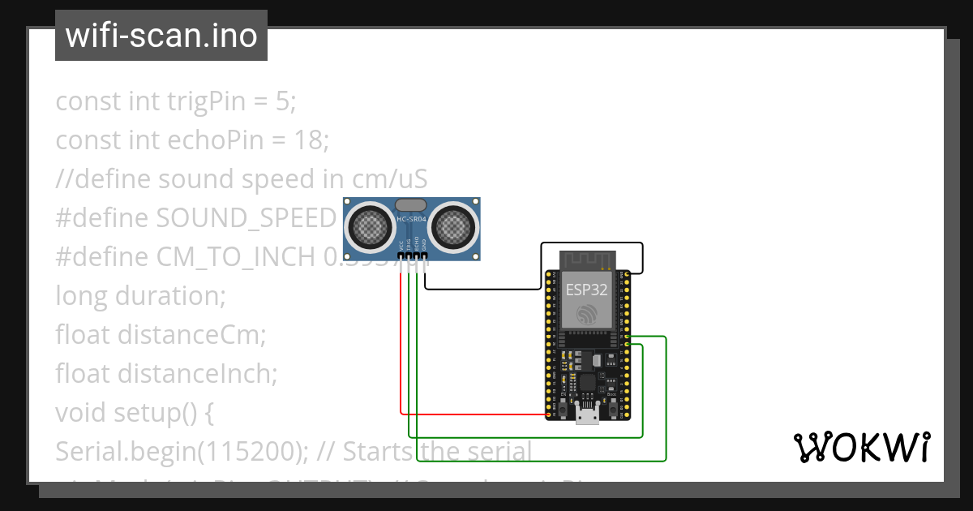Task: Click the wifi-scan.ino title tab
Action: click(161, 36)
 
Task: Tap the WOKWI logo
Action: click(860, 447)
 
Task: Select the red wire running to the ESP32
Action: click(470, 414)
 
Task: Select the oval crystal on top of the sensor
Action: click(411, 206)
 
